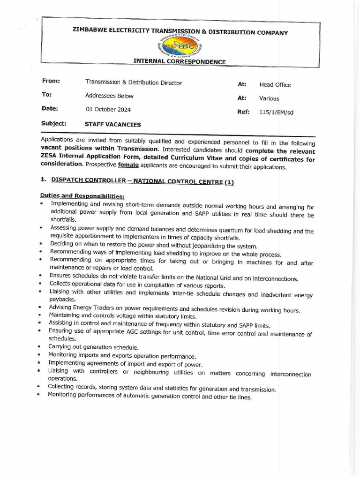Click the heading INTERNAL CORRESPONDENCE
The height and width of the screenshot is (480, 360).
click(x=180, y=62)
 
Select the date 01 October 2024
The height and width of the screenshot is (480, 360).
click(x=108, y=110)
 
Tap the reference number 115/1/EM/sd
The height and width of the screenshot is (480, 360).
click(x=276, y=112)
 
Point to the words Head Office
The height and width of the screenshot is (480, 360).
click(x=275, y=85)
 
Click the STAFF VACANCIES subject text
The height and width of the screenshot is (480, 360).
click(x=112, y=125)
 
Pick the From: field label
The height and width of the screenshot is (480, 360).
click(x=51, y=81)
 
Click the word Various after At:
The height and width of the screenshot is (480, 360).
click(x=269, y=98)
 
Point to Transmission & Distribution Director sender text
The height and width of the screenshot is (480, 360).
click(x=133, y=82)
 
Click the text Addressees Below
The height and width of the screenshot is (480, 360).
click(x=109, y=96)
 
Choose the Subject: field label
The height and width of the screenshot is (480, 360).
click(x=53, y=124)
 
